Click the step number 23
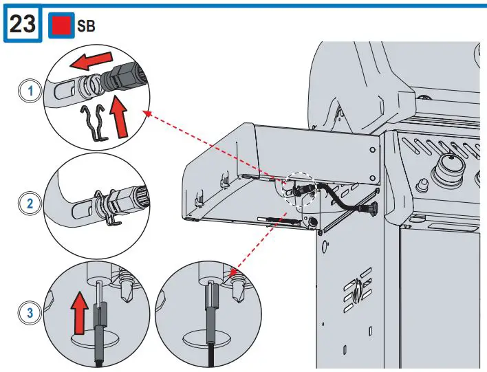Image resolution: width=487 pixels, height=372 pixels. coord(22,23)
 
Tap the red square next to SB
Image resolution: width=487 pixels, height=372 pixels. coord(61,25)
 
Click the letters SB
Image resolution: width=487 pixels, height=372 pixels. coord(86,25)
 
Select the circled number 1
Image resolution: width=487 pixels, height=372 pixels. coord(30,91)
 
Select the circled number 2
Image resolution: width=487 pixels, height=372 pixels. coord(30,204)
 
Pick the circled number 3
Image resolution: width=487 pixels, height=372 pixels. coord(30,313)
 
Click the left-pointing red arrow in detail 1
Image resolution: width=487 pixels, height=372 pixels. coord(90,60)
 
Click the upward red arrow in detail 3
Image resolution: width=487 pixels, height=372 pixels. coord(80,313)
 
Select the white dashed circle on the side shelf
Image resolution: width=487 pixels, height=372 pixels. coord(301,189)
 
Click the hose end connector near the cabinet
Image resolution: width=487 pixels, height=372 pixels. coord(371,208)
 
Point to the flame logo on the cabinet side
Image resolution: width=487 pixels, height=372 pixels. coord(358,289)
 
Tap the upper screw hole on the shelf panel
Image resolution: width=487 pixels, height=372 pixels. coord(372,150)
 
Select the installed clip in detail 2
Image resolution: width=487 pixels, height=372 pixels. coord(106,206)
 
